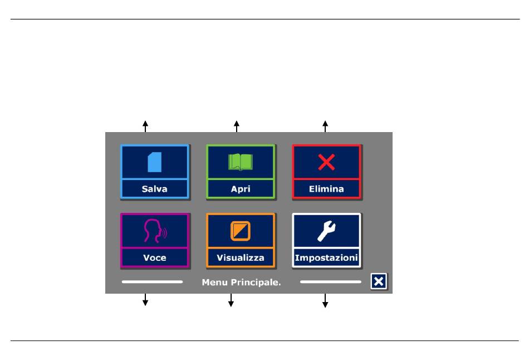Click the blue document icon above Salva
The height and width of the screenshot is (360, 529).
tap(154, 162)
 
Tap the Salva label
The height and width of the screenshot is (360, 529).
tap(154, 189)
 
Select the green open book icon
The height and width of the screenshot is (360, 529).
tap(241, 162)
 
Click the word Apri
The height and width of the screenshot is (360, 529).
tap(241, 189)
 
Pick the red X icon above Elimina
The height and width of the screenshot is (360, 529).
tap(326, 162)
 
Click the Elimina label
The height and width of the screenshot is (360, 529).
tap(326, 189)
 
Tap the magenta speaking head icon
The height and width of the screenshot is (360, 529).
tap(155, 231)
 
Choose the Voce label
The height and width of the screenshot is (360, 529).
tap(154, 257)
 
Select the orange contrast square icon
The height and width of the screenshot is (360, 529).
tap(241, 231)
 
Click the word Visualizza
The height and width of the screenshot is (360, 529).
tap(241, 257)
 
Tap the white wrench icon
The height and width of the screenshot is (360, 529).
tap(326, 231)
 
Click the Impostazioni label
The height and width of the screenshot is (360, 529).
tap(326, 257)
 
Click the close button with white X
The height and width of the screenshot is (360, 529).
tap(379, 281)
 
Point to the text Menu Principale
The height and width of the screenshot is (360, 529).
tap(241, 283)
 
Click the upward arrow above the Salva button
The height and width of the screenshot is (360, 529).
tap(145, 127)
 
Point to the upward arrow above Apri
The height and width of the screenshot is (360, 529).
tap(237, 127)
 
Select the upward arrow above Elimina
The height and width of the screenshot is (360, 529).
tap(325, 127)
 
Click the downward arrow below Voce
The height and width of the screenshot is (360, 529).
tap(145, 300)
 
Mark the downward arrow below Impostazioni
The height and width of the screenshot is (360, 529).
tap(325, 300)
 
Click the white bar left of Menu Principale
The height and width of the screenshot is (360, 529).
tap(152, 281)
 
